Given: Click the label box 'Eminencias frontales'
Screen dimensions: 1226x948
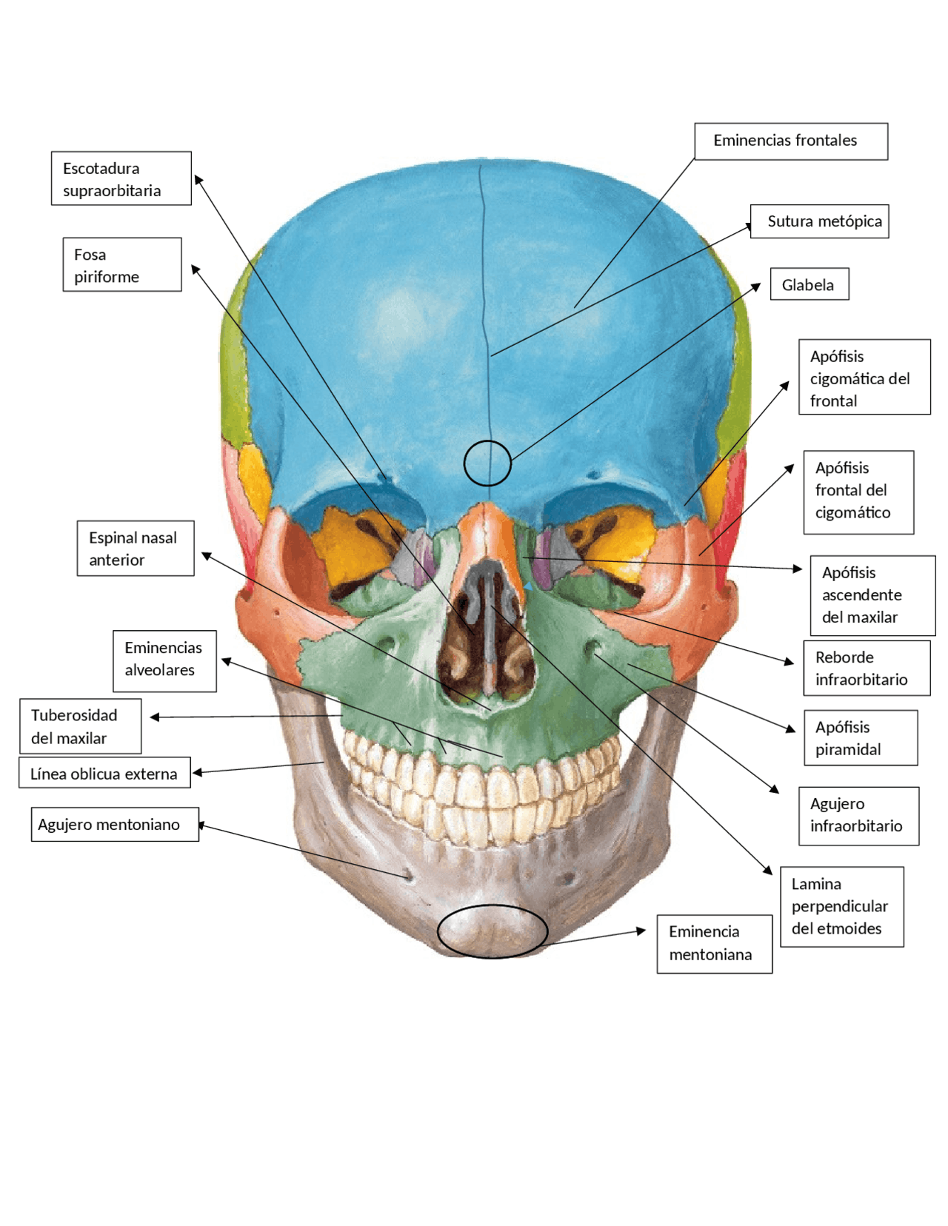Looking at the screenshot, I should pos(790,141).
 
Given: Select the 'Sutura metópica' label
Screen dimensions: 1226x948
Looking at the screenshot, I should pos(820,221).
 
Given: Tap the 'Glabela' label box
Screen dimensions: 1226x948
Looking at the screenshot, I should pos(809,284).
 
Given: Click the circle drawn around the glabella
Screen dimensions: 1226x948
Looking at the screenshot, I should pos(487,463).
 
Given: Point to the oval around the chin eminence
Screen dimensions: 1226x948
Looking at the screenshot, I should pos(492,931).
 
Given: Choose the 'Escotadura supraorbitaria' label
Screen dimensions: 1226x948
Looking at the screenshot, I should pos(121,178).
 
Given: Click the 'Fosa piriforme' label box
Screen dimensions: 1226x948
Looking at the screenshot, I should pos(121,264).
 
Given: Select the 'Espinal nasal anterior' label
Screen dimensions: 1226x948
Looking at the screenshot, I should pos(136,548).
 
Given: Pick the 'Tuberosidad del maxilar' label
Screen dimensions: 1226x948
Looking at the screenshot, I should pos(80,726).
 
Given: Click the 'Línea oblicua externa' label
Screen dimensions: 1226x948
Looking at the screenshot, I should pos(104,772).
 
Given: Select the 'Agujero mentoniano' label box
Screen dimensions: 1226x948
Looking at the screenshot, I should pos(115,824).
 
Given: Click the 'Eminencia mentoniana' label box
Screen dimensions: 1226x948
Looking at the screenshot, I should pos(714,944).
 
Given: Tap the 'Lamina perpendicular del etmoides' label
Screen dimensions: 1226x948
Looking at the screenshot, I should pos(841,906).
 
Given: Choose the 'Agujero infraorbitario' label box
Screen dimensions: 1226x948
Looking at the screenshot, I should pos(858,815).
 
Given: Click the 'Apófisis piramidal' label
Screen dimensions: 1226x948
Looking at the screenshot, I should pos(860,738).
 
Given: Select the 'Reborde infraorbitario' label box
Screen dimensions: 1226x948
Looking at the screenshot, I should pos(866,668).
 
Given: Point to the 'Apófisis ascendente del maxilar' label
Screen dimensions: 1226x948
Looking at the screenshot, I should pos(872,595).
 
